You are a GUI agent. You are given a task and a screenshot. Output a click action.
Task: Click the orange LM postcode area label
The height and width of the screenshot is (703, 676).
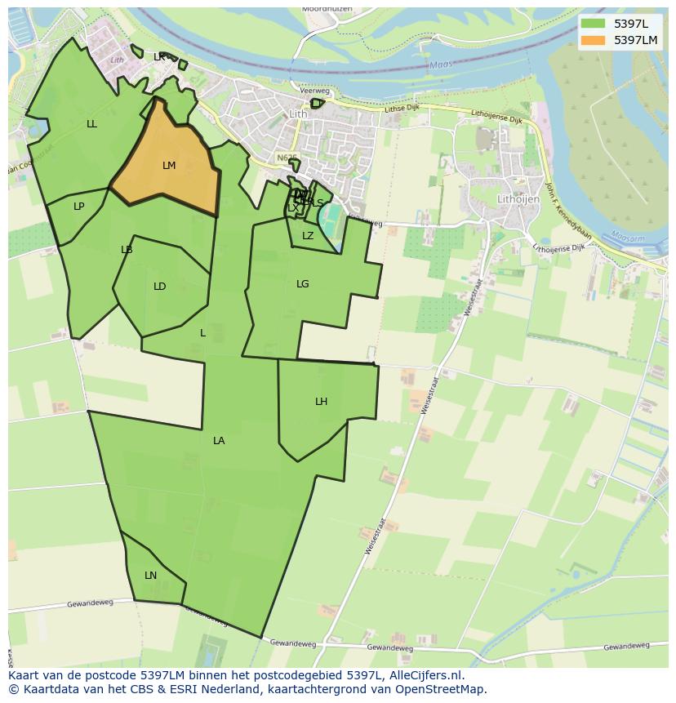point(169,166)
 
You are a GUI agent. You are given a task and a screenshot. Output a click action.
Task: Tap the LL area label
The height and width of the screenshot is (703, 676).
point(91,124)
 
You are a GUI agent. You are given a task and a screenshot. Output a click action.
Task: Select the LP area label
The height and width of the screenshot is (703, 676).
point(78,207)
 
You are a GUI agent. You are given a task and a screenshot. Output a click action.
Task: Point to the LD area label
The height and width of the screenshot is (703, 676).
point(159,287)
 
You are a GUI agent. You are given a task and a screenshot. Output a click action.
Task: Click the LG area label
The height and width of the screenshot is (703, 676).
point(302,284)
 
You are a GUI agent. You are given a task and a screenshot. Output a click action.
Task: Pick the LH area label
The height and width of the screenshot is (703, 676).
point(321,402)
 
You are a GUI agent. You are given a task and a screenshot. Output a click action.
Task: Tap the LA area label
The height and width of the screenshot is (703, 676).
point(219,441)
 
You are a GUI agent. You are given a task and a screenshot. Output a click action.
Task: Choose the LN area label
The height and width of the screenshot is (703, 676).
point(150,576)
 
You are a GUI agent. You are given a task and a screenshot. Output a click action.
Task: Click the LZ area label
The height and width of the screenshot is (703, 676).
point(308,236)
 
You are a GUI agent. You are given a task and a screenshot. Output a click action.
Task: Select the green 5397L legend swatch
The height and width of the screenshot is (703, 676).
point(594,24)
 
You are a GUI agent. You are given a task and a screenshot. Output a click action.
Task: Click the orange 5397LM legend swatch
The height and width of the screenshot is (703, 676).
point(594,40)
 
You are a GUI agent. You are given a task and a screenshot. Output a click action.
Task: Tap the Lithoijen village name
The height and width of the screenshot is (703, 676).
point(518,198)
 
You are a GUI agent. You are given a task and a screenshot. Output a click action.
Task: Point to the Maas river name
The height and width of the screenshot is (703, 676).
point(441,66)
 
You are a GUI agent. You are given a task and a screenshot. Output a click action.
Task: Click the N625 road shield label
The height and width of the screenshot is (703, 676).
point(287,158)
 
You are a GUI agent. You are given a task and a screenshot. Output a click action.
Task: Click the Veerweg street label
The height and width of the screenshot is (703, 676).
point(314,91)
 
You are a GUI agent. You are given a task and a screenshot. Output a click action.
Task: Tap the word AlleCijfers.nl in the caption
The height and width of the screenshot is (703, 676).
point(426,675)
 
